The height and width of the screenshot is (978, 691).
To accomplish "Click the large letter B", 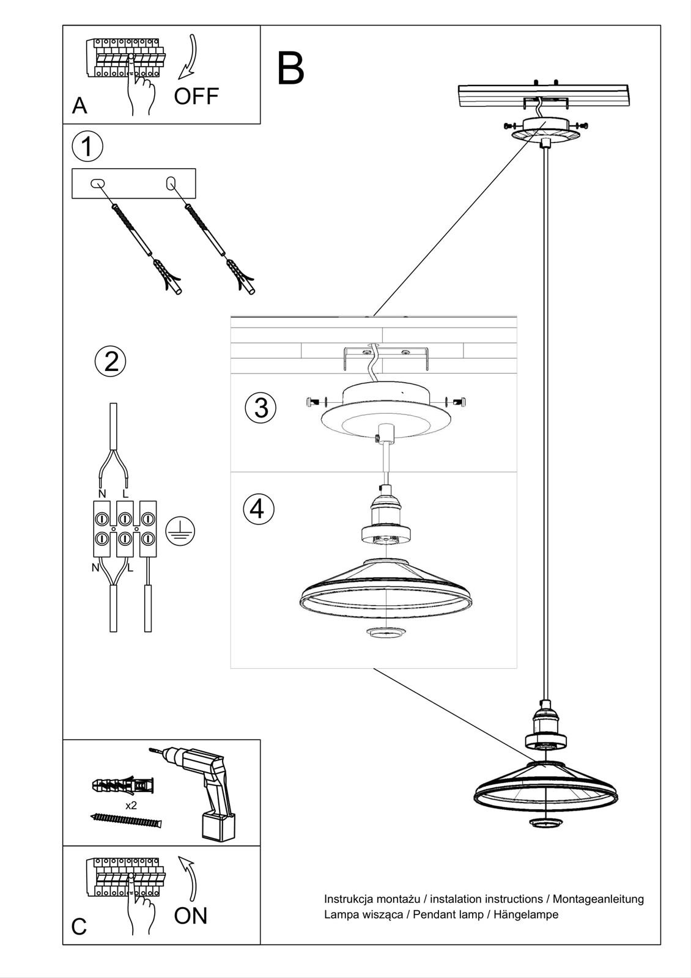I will [290, 68].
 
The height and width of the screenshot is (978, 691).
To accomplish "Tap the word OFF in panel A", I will [196, 97].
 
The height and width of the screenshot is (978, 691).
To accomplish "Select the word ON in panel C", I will [191, 915].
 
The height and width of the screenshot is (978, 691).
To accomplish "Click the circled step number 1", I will [87, 147].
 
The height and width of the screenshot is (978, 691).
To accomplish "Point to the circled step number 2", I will [111, 361].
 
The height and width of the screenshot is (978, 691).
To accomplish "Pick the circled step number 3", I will [261, 408].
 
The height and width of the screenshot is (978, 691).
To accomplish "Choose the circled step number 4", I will [258, 509].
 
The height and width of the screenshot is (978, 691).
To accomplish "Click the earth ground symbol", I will [180, 530].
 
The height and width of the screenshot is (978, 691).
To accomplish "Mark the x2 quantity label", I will [131, 806].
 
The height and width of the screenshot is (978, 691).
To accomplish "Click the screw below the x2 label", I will [126, 820].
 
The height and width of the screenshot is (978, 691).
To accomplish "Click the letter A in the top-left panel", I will [79, 106].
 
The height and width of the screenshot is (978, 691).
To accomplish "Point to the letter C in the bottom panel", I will [79, 927].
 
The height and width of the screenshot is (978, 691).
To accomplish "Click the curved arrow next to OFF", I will [189, 58].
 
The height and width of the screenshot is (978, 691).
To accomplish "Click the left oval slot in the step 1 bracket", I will [97, 183].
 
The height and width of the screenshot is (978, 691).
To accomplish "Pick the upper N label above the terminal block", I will [102, 493].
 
